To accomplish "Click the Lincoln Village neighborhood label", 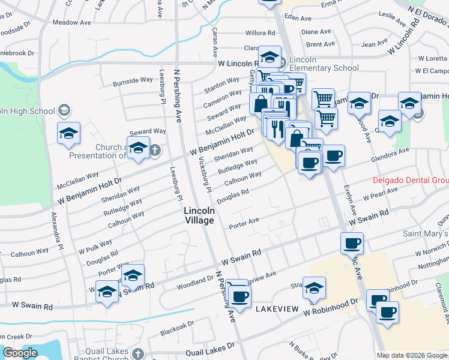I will click(x=199, y=216).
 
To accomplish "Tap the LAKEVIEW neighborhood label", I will click(x=277, y=308).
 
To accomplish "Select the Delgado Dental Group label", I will click(x=411, y=180).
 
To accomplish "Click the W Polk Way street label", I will click(x=95, y=245).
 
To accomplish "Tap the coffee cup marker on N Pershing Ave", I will click(x=240, y=296).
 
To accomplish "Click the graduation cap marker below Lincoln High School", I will click(x=69, y=133).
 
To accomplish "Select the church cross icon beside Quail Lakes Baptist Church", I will click(x=139, y=354).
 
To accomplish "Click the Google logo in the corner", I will click(x=20, y=353).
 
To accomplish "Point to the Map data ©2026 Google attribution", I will click(x=411, y=355).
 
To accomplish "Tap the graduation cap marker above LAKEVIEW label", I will click(x=314, y=288).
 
